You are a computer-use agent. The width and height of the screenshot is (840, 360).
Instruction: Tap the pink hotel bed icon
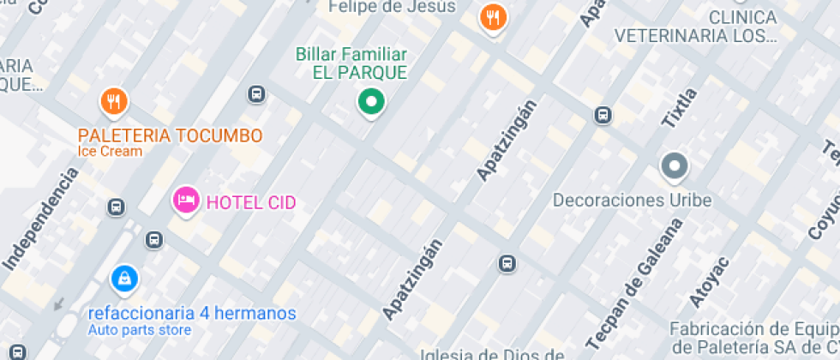(186, 201)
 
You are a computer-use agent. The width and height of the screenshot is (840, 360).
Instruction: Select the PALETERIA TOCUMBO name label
(170, 135)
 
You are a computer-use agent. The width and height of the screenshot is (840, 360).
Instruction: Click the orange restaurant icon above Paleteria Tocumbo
(114, 103)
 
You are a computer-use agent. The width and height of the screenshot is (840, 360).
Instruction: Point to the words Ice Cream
(110, 152)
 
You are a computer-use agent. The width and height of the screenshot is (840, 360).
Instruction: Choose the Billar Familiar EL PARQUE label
(351, 63)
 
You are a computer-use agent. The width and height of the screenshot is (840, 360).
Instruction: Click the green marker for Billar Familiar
(370, 102)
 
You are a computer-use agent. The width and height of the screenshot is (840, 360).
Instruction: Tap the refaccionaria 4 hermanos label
(192, 313)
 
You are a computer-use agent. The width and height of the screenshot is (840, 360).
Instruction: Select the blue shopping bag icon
(125, 278)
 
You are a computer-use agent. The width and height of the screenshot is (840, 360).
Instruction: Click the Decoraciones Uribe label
(633, 201)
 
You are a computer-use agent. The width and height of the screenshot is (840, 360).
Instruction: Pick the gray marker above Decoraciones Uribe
(674, 166)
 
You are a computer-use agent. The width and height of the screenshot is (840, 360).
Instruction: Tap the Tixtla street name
(679, 108)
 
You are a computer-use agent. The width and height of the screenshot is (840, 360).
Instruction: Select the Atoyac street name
(709, 280)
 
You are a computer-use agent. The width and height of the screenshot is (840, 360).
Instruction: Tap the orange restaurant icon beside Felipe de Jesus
(492, 17)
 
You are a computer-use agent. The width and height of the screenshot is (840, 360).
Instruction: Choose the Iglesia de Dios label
(492, 354)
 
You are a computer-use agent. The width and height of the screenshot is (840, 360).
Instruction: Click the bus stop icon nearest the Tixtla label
(603, 115)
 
